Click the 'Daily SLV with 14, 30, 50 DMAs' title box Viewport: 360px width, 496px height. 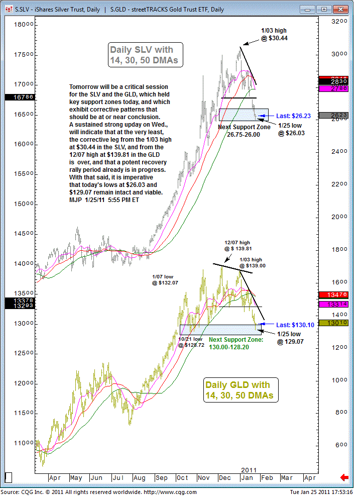[x=146, y=55]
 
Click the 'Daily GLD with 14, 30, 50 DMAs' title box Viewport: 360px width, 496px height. [x=241, y=390]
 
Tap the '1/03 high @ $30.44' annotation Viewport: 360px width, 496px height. [x=274, y=34]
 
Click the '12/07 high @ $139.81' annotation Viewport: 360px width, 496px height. [x=238, y=245]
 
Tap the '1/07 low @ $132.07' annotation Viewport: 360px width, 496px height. [x=165, y=280]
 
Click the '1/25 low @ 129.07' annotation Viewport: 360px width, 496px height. [x=290, y=338]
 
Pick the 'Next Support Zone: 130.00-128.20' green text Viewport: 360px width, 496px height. [x=235, y=343]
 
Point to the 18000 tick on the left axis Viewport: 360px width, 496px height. [x=23, y=25]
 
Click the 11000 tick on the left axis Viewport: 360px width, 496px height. [x=23, y=443]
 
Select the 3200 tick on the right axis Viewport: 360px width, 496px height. [x=339, y=22]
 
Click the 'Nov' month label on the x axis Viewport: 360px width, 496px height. [x=204, y=478]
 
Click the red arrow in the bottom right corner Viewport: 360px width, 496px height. [x=344, y=477]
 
